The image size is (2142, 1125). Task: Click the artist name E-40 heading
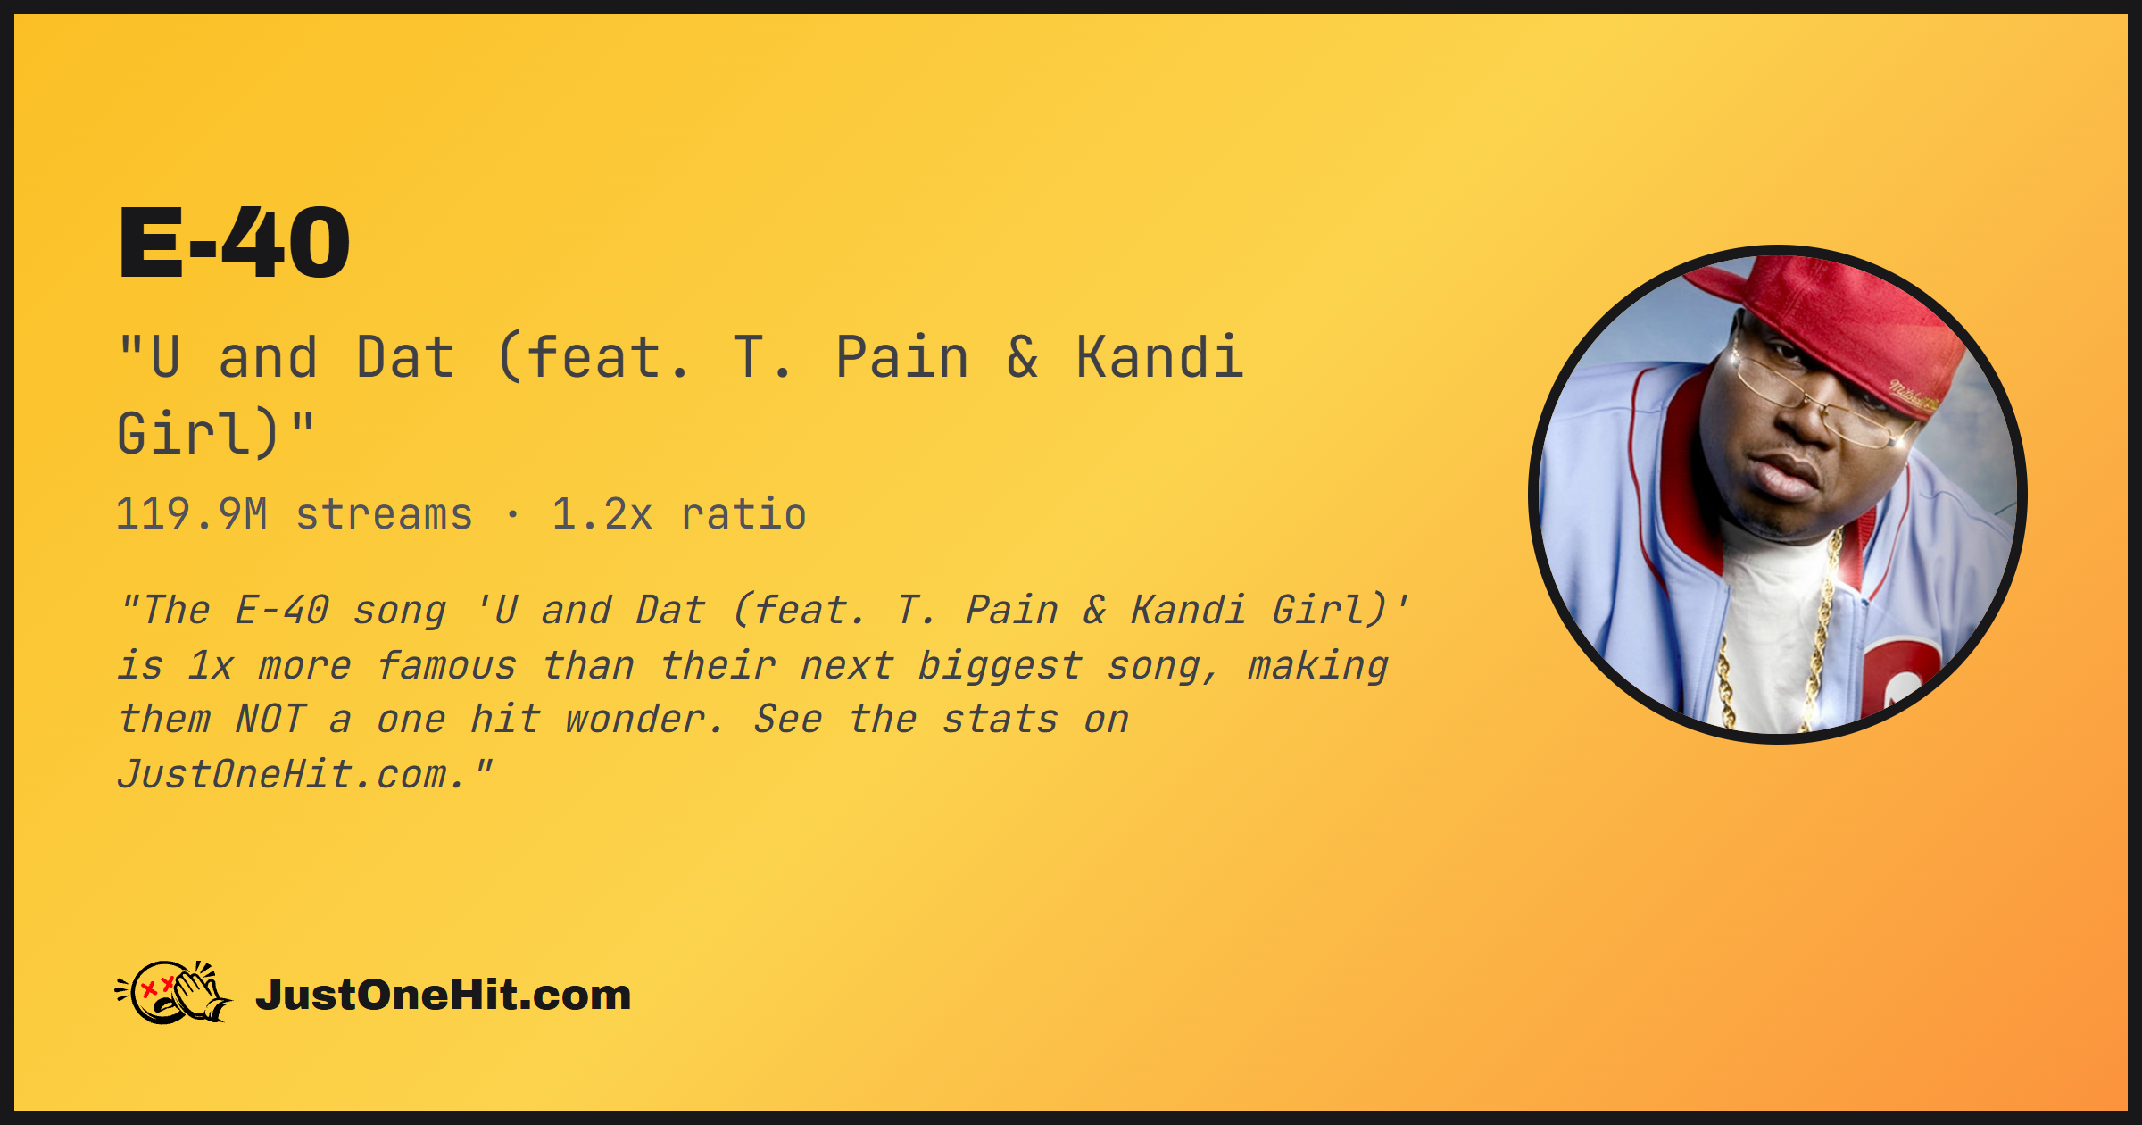(x=234, y=243)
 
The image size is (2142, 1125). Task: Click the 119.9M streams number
(x=192, y=514)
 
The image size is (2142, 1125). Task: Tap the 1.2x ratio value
(x=602, y=514)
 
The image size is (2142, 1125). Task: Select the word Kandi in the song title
(x=1159, y=357)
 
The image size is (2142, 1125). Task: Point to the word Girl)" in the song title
(x=216, y=433)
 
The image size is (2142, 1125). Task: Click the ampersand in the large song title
(x=1023, y=357)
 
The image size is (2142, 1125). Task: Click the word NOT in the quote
(x=271, y=720)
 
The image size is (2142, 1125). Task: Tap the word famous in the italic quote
(x=446, y=666)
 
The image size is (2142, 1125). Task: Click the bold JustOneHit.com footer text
(x=444, y=995)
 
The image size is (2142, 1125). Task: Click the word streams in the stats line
(x=384, y=514)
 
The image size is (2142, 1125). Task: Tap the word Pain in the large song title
(x=902, y=357)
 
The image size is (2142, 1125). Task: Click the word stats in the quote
(x=1000, y=720)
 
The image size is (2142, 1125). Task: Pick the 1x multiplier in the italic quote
(x=211, y=666)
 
